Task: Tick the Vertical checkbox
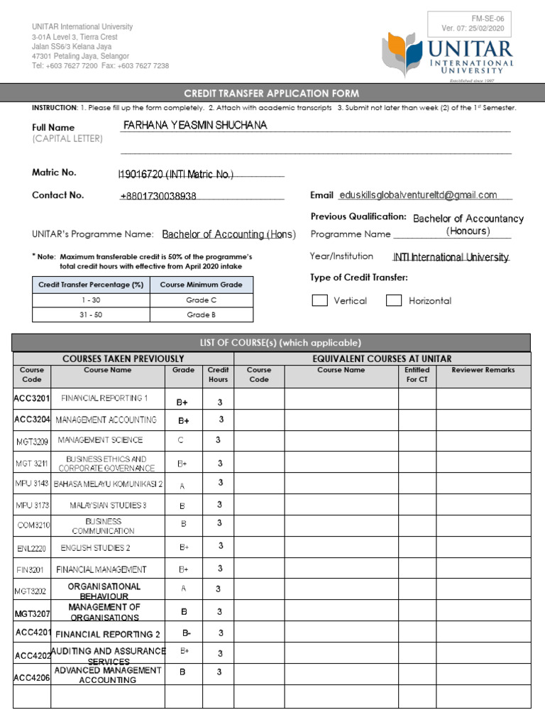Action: coord(320,300)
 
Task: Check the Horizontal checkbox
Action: coord(394,300)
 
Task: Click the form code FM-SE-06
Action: coord(468,18)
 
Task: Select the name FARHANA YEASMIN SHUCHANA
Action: coord(195,126)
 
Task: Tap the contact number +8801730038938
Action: coord(158,196)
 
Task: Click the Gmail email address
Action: coord(418,195)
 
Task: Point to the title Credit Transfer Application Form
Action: coord(272,94)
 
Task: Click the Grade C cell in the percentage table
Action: coord(201,300)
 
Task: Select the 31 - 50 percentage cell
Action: coord(90,315)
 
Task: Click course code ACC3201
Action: coord(32,398)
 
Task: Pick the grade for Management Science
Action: coord(181,440)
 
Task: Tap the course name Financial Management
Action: coord(101,569)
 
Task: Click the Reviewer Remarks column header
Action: coord(483,370)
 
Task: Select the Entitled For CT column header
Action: coord(417,374)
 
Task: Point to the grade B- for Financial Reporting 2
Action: coord(187,633)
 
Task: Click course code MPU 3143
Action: coord(32,483)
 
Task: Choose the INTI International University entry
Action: coord(451,257)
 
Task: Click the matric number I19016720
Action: coord(175,175)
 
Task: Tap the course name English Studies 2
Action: coord(96,548)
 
